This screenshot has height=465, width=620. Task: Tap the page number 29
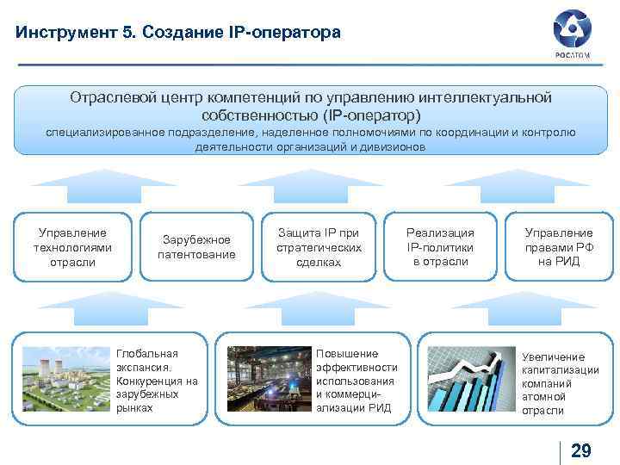click(581, 450)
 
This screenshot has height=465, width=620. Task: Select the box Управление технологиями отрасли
click(73, 247)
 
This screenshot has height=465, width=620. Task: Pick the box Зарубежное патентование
click(196, 247)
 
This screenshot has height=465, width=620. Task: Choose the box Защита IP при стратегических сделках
click(318, 247)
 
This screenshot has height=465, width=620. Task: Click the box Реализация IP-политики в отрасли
click(440, 247)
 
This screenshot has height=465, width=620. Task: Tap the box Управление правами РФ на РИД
click(559, 247)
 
